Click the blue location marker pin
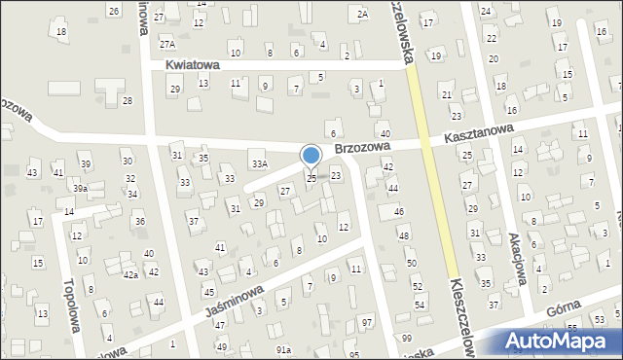(x=311, y=156)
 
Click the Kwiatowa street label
(x=193, y=64)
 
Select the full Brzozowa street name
(x=362, y=148)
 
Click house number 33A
(x=258, y=163)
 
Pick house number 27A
(x=167, y=44)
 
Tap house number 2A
(x=362, y=14)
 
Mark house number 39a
(x=81, y=189)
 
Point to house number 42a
(x=129, y=275)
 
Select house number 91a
(x=283, y=349)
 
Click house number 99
(x=405, y=337)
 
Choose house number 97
(x=366, y=322)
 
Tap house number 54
(x=421, y=306)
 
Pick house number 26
(x=114, y=11)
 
